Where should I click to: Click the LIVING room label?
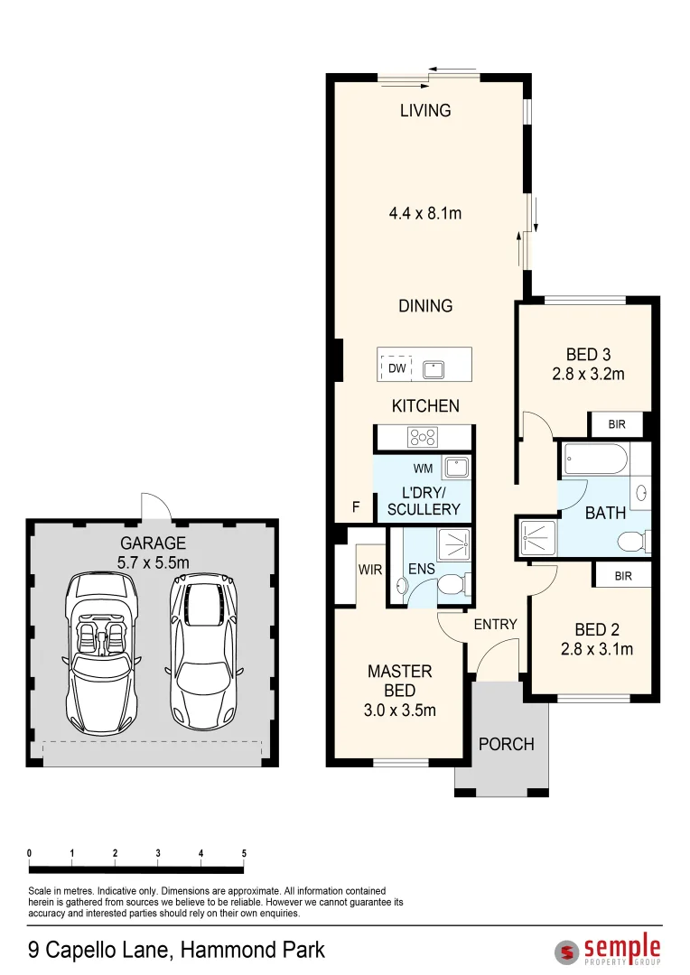point(425,111)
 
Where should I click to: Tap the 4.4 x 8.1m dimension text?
point(425,214)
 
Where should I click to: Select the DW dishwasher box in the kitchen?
point(396,368)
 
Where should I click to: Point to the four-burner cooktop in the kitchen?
point(422,437)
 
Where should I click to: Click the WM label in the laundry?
point(423,469)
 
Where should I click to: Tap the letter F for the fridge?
point(356,508)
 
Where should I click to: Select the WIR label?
point(370,571)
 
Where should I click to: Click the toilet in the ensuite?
point(449,588)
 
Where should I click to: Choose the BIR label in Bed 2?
point(622,575)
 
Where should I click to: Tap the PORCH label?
point(506,745)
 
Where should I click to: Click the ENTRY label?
point(495,624)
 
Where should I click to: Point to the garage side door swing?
point(154,506)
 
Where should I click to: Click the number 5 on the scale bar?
point(244,853)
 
